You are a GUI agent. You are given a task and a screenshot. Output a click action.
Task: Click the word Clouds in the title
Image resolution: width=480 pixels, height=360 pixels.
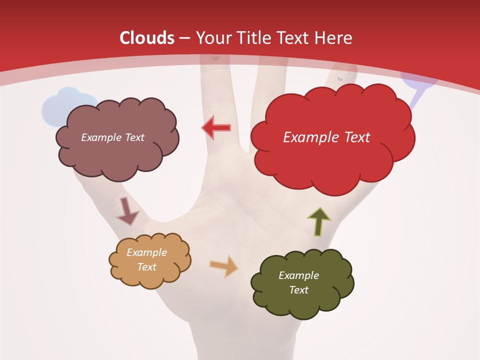point(147,38)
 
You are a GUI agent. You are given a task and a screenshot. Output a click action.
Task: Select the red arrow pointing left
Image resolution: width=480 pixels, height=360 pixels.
point(216,128)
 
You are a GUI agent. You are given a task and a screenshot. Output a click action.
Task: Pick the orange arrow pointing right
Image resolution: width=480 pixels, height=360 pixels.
point(224,266)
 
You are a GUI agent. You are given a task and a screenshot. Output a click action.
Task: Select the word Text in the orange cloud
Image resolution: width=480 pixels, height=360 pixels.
point(147,267)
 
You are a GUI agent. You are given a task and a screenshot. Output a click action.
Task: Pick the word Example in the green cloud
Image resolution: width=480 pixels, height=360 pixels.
point(298,275)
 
